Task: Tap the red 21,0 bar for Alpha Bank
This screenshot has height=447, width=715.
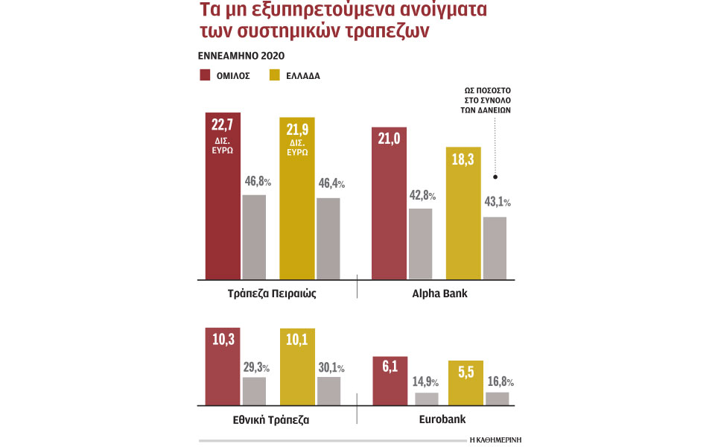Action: (x=389, y=203)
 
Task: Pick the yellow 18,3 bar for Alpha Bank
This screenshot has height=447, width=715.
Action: (x=463, y=213)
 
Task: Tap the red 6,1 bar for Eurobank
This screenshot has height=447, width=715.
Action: (x=389, y=381)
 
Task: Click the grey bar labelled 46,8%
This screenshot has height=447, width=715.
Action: (x=254, y=237)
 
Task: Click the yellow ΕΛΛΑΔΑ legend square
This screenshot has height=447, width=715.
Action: (x=275, y=74)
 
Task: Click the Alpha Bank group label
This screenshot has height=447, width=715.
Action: (x=439, y=294)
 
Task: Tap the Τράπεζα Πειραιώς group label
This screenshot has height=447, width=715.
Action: (x=273, y=294)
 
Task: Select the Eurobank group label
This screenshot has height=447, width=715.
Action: (x=439, y=419)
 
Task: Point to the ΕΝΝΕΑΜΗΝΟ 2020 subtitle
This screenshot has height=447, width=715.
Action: (x=241, y=56)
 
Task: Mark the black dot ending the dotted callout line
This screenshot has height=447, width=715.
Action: (x=495, y=177)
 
